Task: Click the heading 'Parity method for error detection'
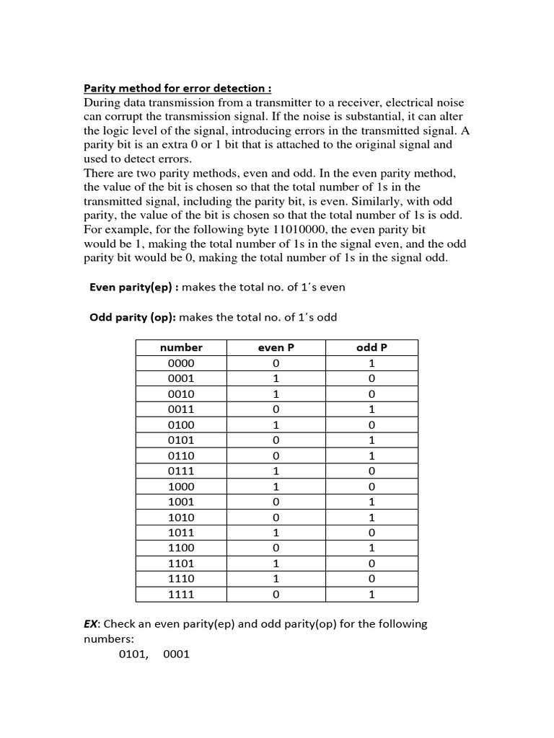[177, 88]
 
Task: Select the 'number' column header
[181, 347]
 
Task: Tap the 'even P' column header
[276, 347]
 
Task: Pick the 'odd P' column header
[371, 347]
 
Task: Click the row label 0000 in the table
[181, 363]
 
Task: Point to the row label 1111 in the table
[181, 595]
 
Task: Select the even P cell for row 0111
[276, 471]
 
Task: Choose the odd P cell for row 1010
[371, 517]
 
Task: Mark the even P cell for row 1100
[276, 548]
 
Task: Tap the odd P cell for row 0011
[371, 409]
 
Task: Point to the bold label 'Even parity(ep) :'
[134, 287]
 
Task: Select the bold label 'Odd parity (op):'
[133, 317]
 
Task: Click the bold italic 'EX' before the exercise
[91, 623]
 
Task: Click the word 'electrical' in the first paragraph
[415, 102]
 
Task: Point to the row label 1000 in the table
[181, 486]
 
